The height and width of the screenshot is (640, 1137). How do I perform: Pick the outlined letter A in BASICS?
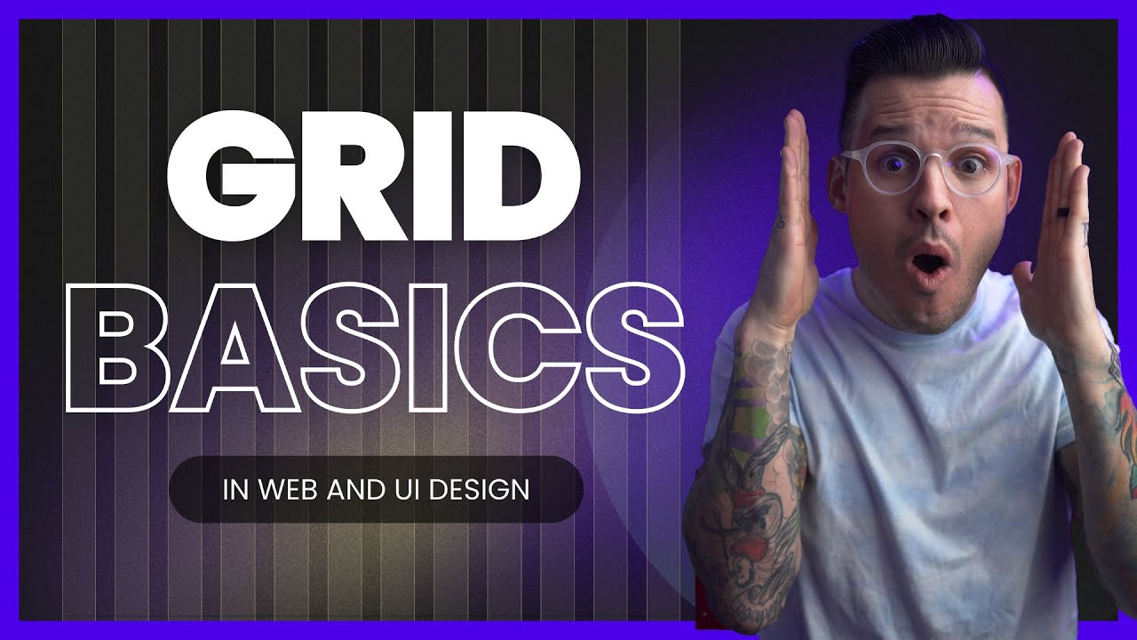click(x=233, y=348)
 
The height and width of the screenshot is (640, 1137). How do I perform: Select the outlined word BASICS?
click(x=373, y=348)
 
